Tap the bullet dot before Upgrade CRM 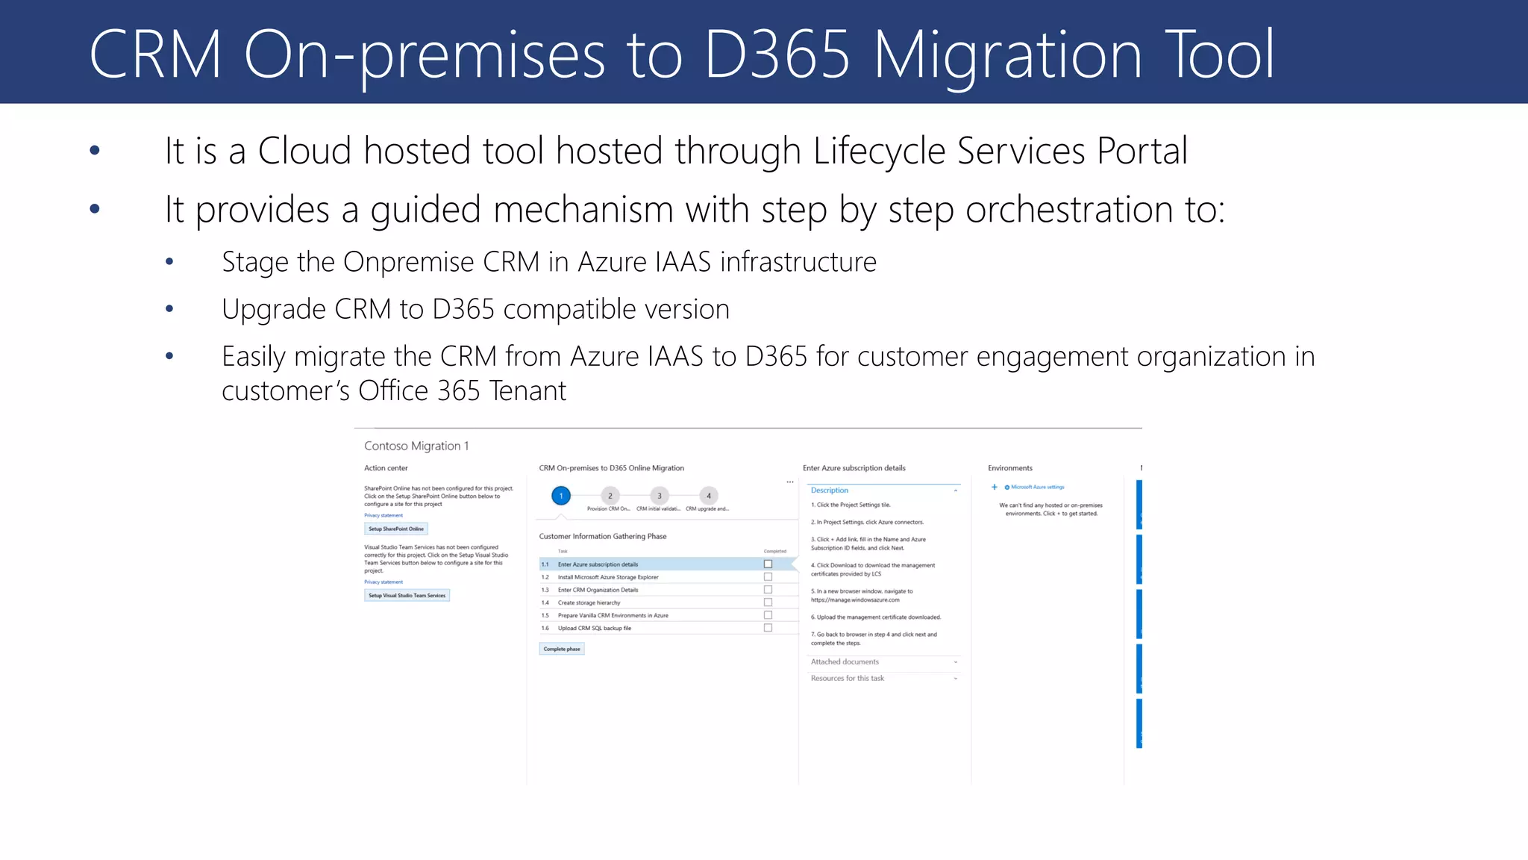169,308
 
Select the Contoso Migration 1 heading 416,446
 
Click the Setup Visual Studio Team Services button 407,595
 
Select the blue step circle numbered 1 561,496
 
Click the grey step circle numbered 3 659,496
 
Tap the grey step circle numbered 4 709,496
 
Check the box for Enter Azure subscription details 768,564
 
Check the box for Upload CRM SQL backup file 768,628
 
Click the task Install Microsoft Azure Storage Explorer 608,577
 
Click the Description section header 830,490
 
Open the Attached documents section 845,662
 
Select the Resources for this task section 848,679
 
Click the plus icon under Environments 994,487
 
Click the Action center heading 386,468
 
